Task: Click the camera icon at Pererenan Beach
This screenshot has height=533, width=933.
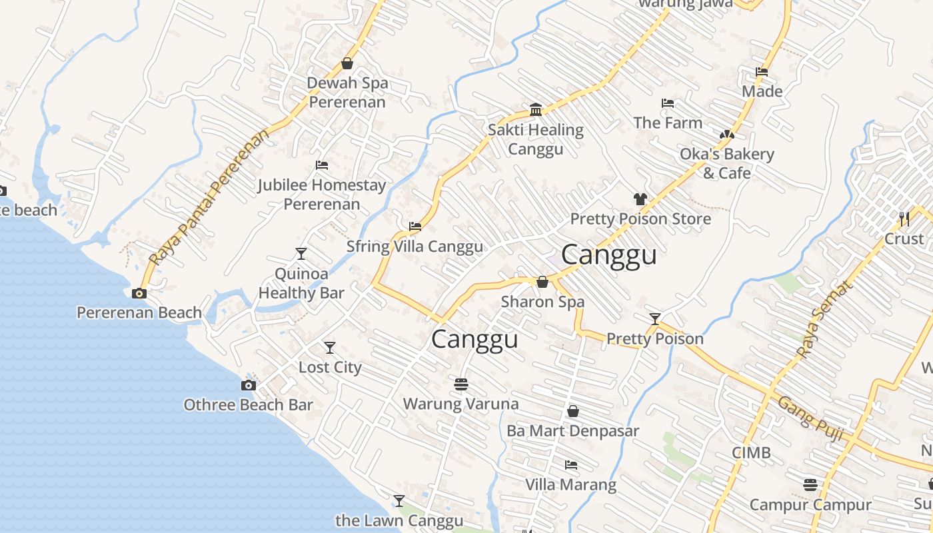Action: coord(139,293)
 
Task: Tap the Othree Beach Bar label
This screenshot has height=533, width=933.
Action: coord(248,404)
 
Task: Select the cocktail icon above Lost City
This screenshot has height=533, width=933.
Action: coord(330,348)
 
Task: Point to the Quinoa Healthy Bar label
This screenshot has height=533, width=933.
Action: coord(301,283)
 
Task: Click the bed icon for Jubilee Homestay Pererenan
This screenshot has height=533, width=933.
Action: coord(322,165)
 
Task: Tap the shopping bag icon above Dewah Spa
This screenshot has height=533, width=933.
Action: coord(347,63)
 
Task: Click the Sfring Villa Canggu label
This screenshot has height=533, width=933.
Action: coord(415,247)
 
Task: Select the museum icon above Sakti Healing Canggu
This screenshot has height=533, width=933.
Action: coord(536,110)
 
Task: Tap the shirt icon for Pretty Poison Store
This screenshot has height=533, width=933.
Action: coord(640,199)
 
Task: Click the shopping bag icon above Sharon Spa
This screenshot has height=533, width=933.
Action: coord(542,282)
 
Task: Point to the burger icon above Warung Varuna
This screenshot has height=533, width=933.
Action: coord(461,384)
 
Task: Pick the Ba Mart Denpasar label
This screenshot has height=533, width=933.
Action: coord(572,431)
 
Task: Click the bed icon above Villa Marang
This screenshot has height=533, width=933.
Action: coord(570,464)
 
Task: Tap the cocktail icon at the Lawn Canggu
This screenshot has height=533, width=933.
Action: coord(399,500)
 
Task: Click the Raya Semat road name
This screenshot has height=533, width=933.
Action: coord(825,320)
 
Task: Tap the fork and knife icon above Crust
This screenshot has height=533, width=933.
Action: coord(904,219)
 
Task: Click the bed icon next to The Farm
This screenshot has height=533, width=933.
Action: coord(668,103)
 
